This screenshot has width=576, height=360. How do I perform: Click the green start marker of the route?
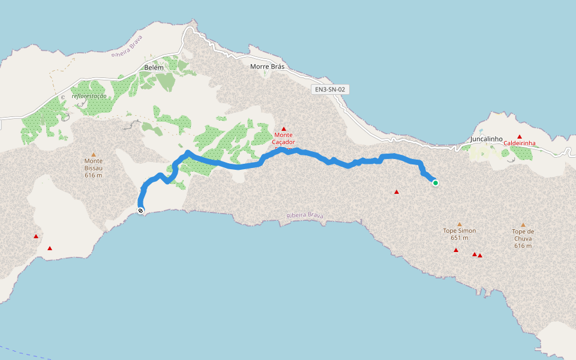tap(435, 183)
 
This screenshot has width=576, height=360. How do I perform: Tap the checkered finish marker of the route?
tap(140, 211)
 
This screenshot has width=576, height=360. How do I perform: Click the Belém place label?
tap(154, 68)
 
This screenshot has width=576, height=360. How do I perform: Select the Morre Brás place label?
tap(267, 67)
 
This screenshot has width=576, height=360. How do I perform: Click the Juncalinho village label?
tap(482, 139)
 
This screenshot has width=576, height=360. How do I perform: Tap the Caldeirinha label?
tap(519, 143)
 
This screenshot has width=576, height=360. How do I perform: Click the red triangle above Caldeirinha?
tap(520, 137)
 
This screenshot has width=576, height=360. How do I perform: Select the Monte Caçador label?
tap(284, 139)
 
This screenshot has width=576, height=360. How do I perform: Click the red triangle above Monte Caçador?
tap(284, 128)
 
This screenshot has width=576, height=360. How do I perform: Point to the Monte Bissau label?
tap(93, 161)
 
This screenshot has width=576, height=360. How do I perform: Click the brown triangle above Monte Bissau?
tap(93, 154)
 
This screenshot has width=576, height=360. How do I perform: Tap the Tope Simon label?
tap(459, 230)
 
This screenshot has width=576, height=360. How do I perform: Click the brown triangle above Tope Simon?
tap(460, 224)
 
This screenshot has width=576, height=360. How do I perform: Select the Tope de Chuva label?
tap(523, 232)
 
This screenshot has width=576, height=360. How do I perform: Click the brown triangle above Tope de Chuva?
tap(523, 225)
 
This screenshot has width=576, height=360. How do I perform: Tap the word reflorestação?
tap(89, 96)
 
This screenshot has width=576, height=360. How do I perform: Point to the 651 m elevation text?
tap(459, 238)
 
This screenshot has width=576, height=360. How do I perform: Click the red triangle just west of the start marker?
tap(396, 192)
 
